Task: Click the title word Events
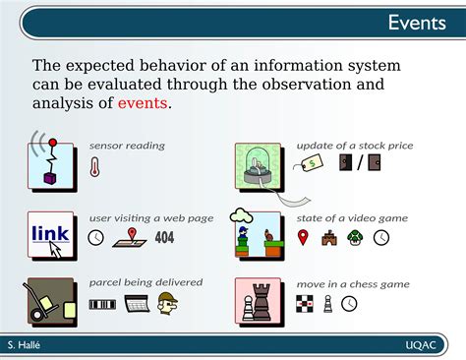(416, 23)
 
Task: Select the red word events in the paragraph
(143, 103)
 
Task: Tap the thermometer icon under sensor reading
(95, 166)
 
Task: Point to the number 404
(164, 237)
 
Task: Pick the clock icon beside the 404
(95, 237)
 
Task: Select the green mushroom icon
(355, 237)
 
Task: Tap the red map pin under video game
(304, 237)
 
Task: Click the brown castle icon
(329, 237)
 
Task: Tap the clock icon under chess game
(349, 304)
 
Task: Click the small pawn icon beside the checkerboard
(328, 304)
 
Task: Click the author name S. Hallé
(24, 345)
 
